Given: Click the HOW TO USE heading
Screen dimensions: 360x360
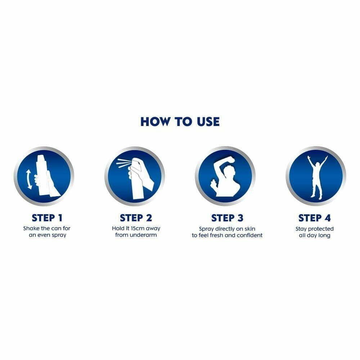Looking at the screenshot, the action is (x=180, y=122).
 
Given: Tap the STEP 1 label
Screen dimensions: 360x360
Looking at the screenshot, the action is (x=47, y=218).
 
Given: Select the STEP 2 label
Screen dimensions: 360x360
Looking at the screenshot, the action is (x=136, y=218).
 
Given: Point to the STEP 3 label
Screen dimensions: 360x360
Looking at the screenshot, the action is (x=227, y=218).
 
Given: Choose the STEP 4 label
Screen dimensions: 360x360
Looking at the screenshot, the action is (x=315, y=218).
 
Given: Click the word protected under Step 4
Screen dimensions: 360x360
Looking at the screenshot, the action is (x=321, y=229).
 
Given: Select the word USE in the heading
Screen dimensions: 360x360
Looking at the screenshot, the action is (x=208, y=122).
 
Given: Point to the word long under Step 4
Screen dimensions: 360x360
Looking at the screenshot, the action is (x=324, y=235).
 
